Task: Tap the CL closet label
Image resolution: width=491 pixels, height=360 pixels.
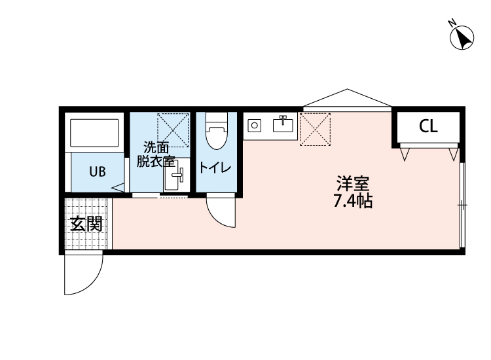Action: coord(428,127)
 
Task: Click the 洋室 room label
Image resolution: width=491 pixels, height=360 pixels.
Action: coord(352,183)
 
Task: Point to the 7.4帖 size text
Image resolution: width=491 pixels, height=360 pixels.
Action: coord(352,201)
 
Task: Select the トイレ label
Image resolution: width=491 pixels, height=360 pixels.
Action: coord(215,168)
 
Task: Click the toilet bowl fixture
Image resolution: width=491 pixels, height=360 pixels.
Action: coord(215,134)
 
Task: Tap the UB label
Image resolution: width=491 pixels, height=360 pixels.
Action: coord(97,172)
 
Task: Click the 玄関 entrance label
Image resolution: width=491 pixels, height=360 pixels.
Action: coord(86,224)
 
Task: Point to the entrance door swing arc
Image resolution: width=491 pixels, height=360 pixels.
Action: coord(84,275)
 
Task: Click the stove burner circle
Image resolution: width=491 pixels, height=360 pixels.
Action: coord(255,124)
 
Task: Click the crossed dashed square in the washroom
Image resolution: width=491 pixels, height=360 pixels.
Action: coord(173,129)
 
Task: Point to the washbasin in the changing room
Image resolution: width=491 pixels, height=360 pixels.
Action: coord(175,175)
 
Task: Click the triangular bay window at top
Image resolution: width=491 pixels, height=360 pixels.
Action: coord(347,99)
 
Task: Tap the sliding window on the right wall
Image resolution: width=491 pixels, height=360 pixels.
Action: coord(462,205)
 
